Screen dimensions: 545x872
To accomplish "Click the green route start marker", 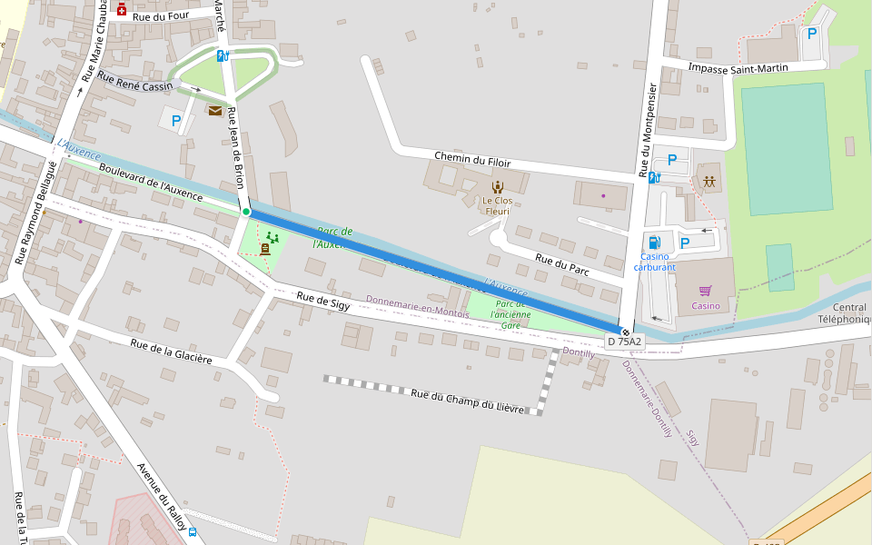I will pyautogui.click(x=246, y=212).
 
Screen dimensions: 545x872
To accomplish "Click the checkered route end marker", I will pyautogui.click(x=625, y=332).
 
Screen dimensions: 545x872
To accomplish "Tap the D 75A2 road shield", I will pyautogui.click(x=624, y=342).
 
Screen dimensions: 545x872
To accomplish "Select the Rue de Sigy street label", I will pyautogui.click(x=323, y=302).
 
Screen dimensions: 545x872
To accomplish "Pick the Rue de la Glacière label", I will pyautogui.click(x=171, y=352).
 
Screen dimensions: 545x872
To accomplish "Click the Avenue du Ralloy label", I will pyautogui.click(x=161, y=497).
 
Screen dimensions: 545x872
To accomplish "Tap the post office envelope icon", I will pyautogui.click(x=215, y=111).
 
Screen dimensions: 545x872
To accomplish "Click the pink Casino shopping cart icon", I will pyautogui.click(x=705, y=291).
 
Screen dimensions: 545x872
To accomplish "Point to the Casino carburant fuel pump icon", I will pyautogui.click(x=654, y=243).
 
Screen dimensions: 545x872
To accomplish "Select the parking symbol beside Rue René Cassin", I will pyautogui.click(x=176, y=120).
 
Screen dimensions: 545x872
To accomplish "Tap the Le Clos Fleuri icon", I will pyautogui.click(x=497, y=186).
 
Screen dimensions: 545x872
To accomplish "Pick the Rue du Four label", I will pyautogui.click(x=158, y=16).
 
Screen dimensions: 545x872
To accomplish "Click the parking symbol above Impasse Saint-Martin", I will pyautogui.click(x=811, y=34).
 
